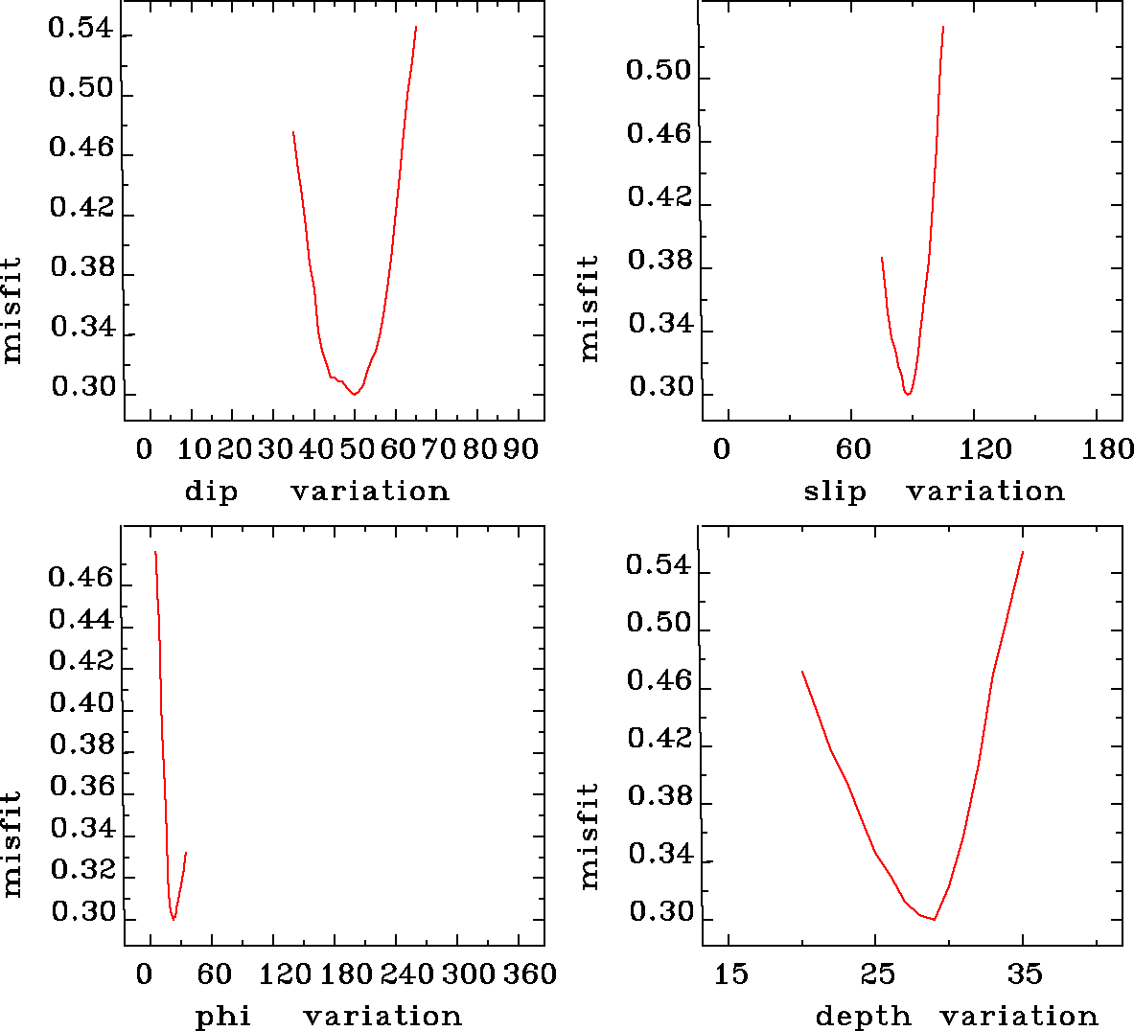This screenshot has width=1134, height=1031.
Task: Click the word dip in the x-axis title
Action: tap(210, 492)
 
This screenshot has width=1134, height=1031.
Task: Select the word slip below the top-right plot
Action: tap(834, 492)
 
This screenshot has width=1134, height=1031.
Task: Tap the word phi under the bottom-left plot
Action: tap(223, 1016)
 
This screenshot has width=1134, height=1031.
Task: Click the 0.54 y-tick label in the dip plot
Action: tap(81, 30)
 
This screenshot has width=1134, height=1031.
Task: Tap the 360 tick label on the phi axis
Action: tap(530, 974)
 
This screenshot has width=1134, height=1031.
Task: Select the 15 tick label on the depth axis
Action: tap(730, 974)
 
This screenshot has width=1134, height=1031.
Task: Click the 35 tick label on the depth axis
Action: tap(1024, 974)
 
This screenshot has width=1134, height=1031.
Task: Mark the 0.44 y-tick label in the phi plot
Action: tap(81, 620)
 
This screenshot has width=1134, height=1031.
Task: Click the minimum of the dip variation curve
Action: tap(355, 394)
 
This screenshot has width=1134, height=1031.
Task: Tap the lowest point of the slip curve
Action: tap(908, 394)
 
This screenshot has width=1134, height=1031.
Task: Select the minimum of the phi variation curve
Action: tap(174, 919)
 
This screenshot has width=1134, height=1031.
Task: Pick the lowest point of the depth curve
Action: tap(934, 920)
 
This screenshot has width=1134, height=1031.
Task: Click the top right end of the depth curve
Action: tap(1023, 552)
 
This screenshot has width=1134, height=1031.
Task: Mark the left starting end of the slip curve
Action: tap(882, 258)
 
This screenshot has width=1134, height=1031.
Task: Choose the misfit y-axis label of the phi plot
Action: tap(12, 843)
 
